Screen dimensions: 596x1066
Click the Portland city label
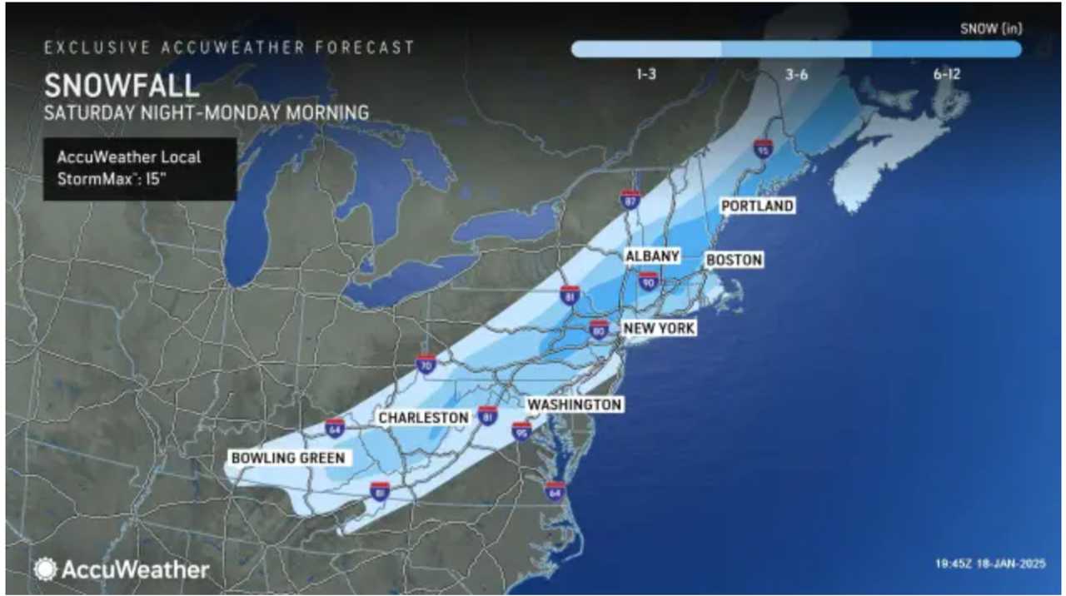(x=757, y=206)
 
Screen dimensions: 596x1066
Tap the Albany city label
(x=653, y=256)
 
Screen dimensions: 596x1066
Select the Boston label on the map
(x=734, y=261)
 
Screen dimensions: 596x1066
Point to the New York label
(x=659, y=329)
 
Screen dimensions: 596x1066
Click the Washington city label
(x=575, y=405)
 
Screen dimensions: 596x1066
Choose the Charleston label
(x=423, y=417)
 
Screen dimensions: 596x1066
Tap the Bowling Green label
(x=287, y=458)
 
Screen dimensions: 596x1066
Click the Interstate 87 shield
(x=630, y=199)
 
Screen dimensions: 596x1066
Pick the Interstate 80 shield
(x=599, y=329)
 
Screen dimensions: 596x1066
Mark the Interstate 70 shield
(x=426, y=364)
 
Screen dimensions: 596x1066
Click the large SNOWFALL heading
(x=122, y=86)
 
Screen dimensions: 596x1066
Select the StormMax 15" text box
(x=140, y=169)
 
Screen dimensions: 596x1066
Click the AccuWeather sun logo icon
(x=45, y=569)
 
